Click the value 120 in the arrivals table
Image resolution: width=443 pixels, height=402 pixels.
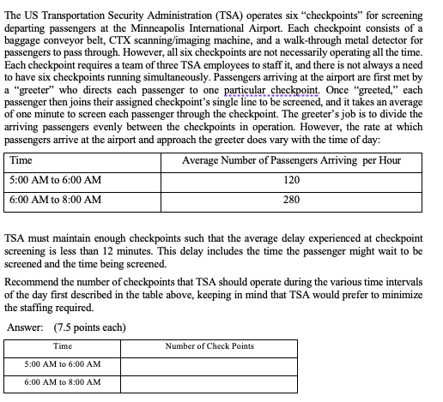(291, 180)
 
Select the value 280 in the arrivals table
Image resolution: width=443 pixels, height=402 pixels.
(291, 199)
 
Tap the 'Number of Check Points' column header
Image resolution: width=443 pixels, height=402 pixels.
(209, 345)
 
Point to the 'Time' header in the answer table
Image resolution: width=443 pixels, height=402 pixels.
(63, 345)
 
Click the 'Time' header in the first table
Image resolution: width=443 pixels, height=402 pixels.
(21, 161)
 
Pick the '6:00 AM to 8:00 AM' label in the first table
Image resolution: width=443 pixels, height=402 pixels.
(55, 199)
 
